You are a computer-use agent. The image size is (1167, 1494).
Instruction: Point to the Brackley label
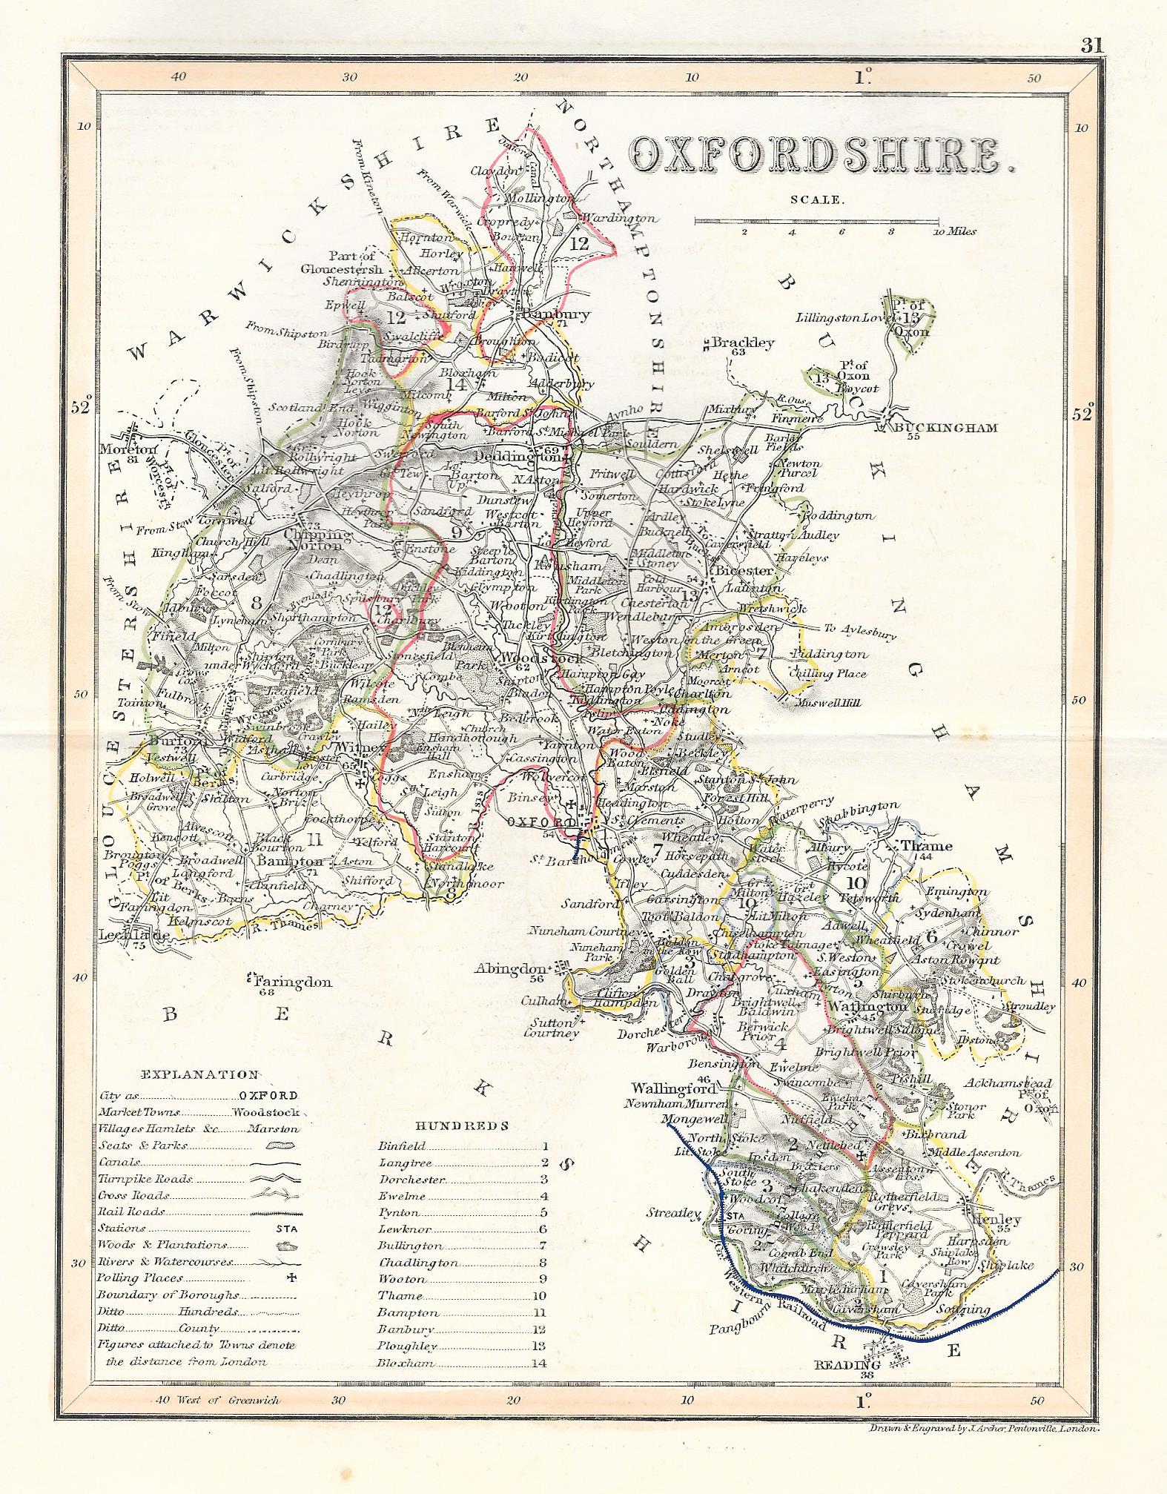pyautogui.click(x=742, y=343)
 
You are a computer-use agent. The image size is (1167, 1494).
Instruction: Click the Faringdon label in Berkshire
pyautogui.click(x=293, y=982)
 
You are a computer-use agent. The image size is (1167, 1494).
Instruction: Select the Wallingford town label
pyautogui.click(x=673, y=1088)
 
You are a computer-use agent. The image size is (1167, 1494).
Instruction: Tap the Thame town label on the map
pyautogui.click(x=925, y=846)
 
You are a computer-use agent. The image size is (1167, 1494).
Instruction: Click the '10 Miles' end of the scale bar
pyautogui.click(x=954, y=231)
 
